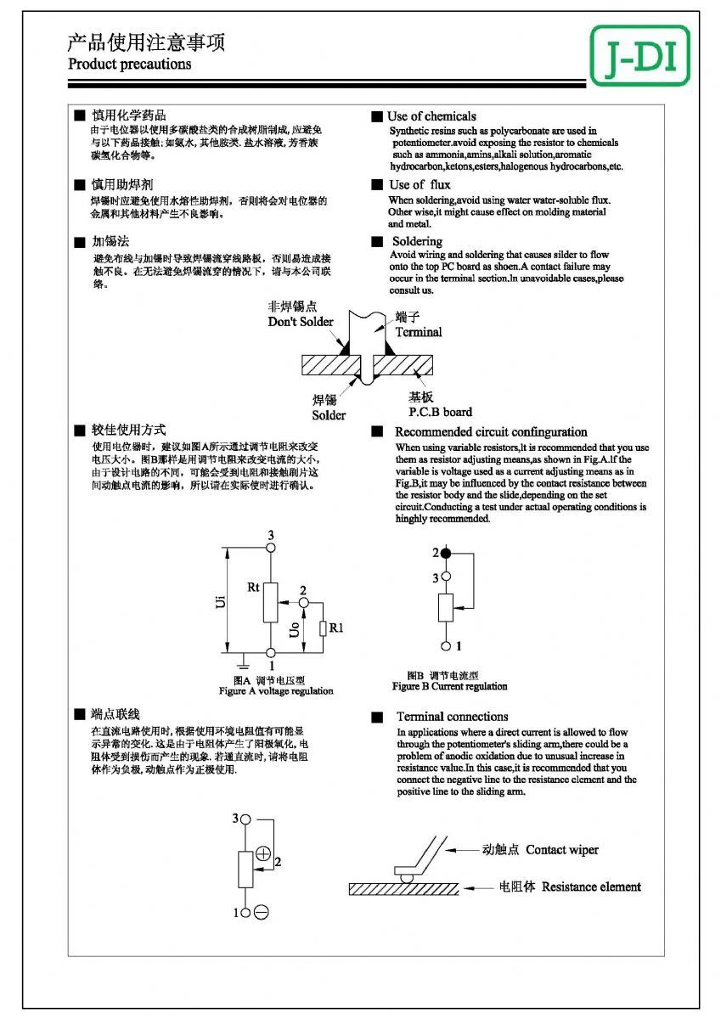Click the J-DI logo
(639, 56)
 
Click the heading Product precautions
(129, 64)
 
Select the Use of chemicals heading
(431, 116)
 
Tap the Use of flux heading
(420, 184)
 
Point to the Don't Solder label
(301, 322)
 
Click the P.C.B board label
(440, 412)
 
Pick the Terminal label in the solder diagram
(418, 332)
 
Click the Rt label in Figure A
(254, 587)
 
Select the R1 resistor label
(336, 628)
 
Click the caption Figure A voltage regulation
(276, 691)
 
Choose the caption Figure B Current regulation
(449, 686)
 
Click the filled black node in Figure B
(446, 553)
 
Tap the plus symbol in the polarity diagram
(263, 853)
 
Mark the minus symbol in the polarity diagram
(262, 913)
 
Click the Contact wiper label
(561, 850)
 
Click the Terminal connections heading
(452, 717)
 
